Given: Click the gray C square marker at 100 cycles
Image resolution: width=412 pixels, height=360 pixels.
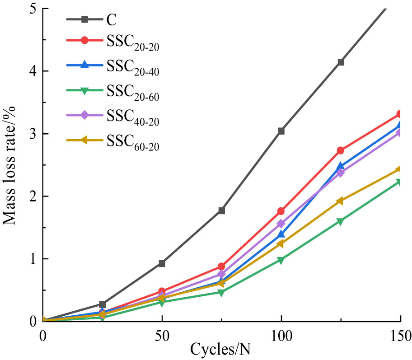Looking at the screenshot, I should (281, 131).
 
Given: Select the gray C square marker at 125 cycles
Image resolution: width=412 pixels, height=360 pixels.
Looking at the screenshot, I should (341, 62).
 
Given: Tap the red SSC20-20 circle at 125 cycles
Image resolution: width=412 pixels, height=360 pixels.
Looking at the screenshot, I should (341, 150).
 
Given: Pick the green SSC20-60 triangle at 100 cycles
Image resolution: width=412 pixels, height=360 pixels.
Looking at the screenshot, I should (281, 260).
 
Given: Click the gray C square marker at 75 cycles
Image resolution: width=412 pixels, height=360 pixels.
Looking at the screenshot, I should (221, 210).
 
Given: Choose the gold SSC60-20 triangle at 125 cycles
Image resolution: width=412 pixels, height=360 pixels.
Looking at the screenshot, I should (341, 201).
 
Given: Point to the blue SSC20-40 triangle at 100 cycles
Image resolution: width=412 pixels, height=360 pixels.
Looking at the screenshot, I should (281, 234).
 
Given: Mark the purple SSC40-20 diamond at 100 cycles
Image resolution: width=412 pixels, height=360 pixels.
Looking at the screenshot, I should (281, 224).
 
